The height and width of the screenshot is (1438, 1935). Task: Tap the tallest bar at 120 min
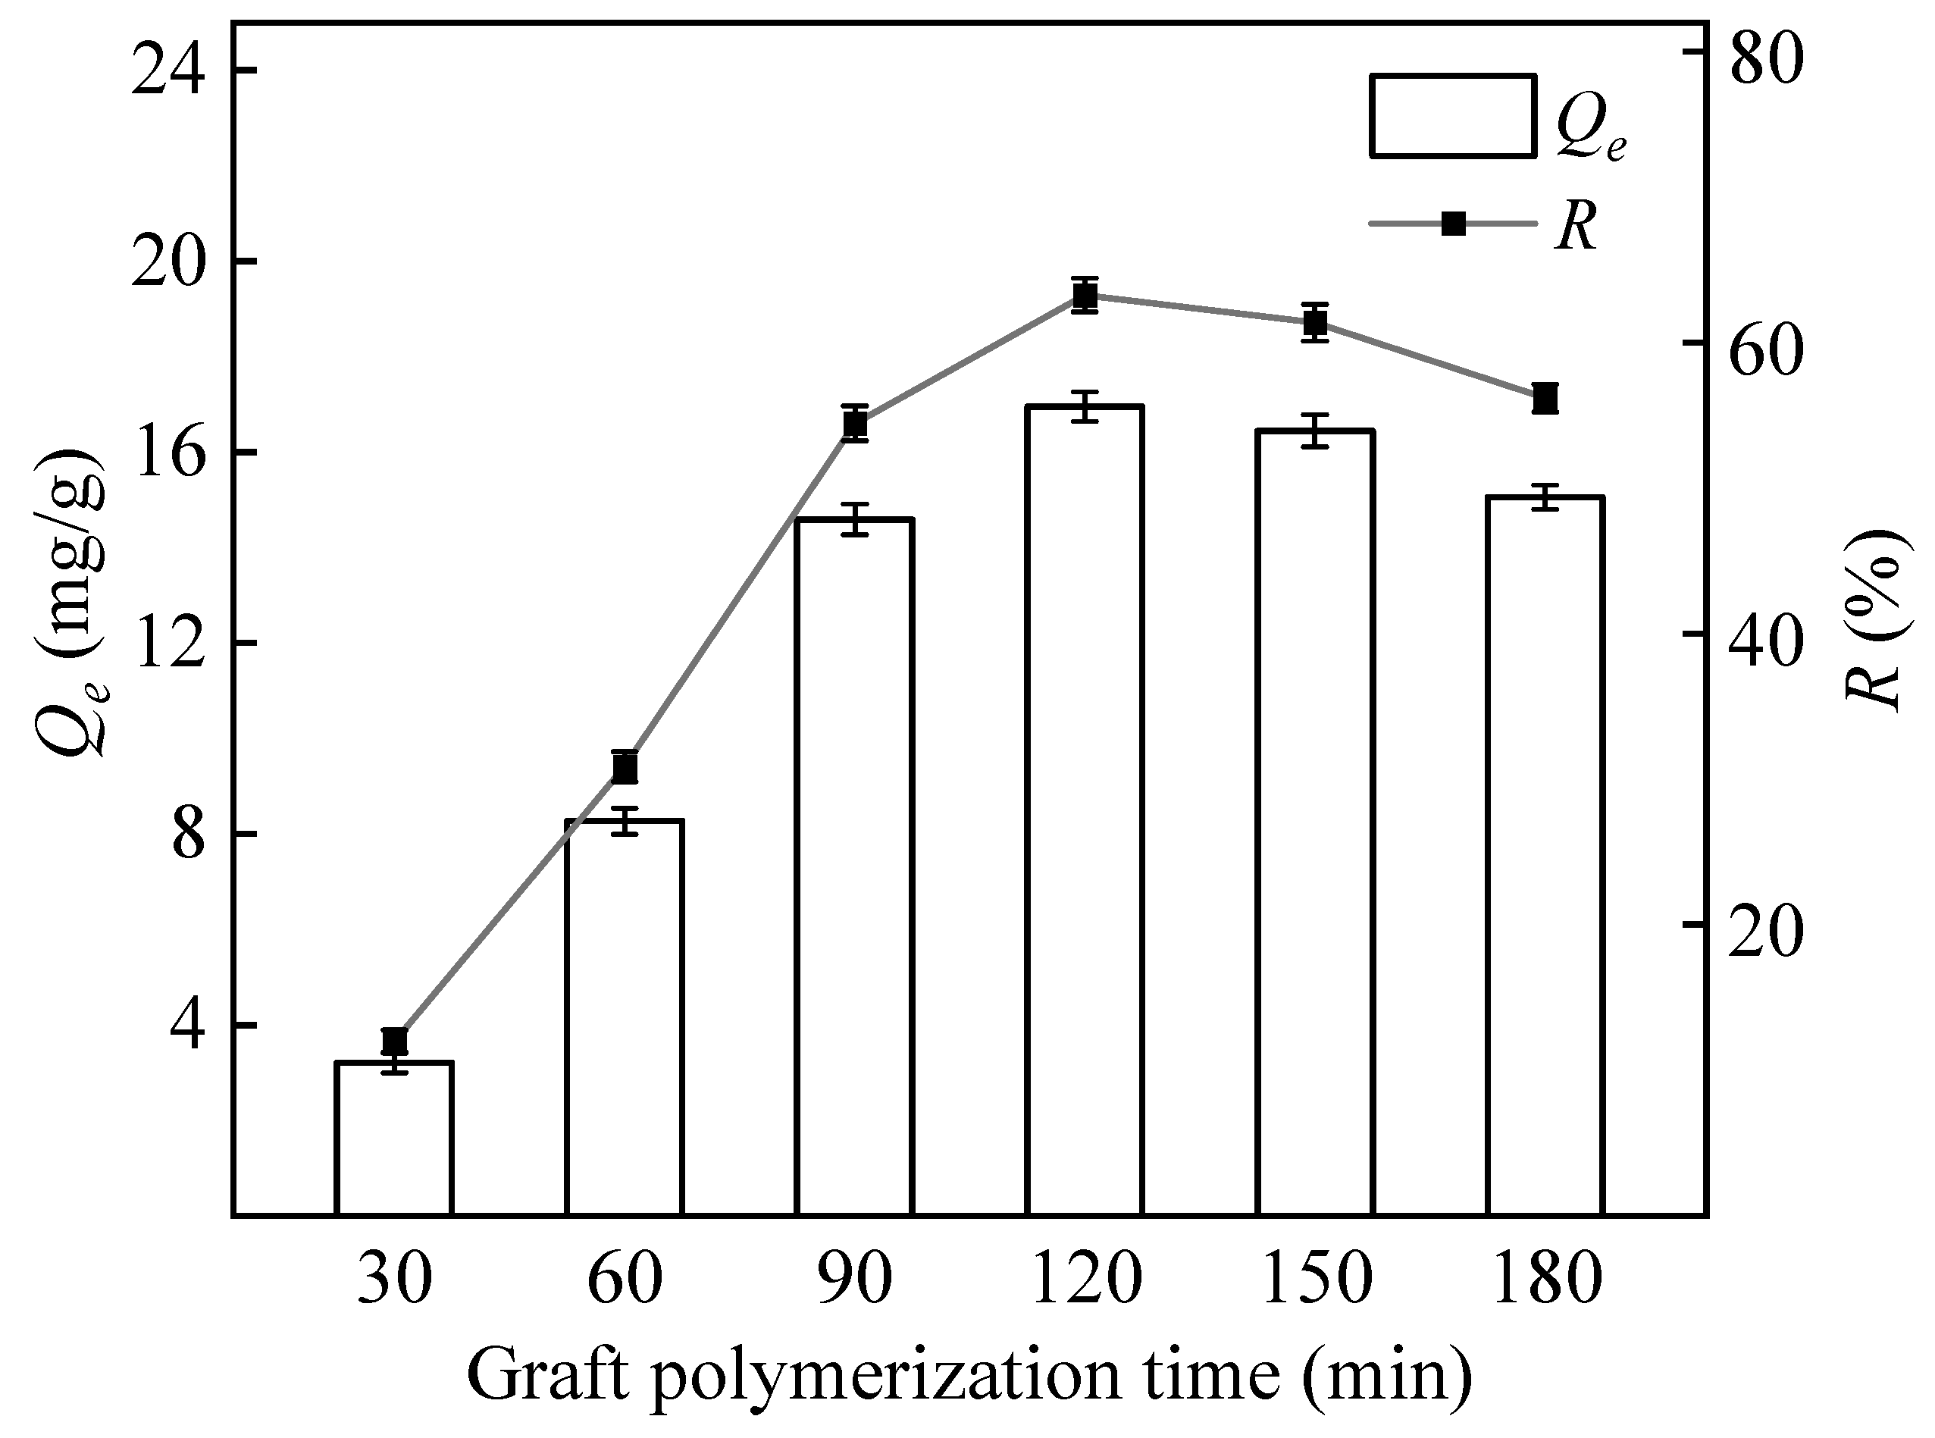coord(1085,810)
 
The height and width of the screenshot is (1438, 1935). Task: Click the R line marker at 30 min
coord(395,1040)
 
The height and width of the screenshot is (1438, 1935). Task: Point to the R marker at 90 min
coord(856,424)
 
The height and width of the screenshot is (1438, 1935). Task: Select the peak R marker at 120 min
coord(1085,296)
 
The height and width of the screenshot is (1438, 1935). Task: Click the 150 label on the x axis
coord(1315,1280)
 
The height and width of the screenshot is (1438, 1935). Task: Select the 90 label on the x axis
coord(856,1280)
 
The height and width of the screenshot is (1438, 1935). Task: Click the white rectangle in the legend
coord(1451,116)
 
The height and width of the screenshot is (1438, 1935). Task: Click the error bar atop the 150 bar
coord(1315,430)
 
